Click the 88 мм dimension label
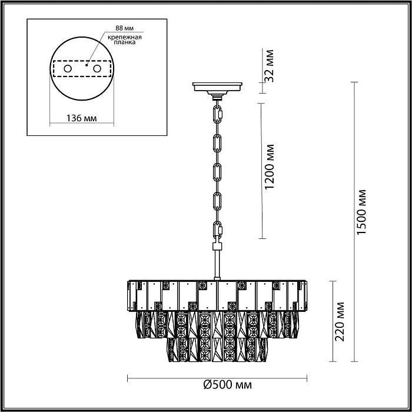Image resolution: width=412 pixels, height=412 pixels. coord(125,28)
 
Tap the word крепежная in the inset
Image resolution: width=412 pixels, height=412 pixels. coord(125,37)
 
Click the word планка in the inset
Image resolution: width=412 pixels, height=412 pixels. coord(125,42)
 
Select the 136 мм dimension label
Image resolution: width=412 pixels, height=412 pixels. coord(81,118)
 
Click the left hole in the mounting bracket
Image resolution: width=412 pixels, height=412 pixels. coord(68,69)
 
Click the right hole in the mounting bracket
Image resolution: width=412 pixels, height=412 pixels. coord(97,69)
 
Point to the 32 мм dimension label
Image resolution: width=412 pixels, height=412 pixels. coord(269,66)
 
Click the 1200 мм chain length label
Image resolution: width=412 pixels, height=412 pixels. coord(270,167)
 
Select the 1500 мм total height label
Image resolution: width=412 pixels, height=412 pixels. coord(361,212)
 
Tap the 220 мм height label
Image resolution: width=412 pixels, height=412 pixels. coord(340,321)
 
